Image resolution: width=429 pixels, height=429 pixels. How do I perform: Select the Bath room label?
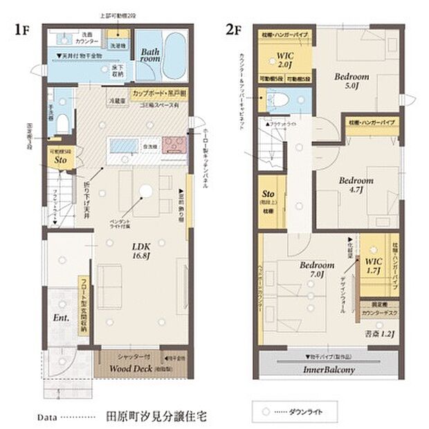point(151,55)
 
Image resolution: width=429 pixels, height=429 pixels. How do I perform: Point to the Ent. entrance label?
point(61,319)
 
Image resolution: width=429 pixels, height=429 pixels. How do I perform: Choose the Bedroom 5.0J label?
point(353,81)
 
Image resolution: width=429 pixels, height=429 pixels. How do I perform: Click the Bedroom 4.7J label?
point(356,185)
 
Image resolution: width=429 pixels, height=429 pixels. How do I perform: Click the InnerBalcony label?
point(328,369)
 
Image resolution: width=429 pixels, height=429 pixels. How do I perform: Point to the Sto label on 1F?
point(60,161)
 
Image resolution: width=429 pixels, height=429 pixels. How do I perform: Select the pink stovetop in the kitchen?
point(172,145)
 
